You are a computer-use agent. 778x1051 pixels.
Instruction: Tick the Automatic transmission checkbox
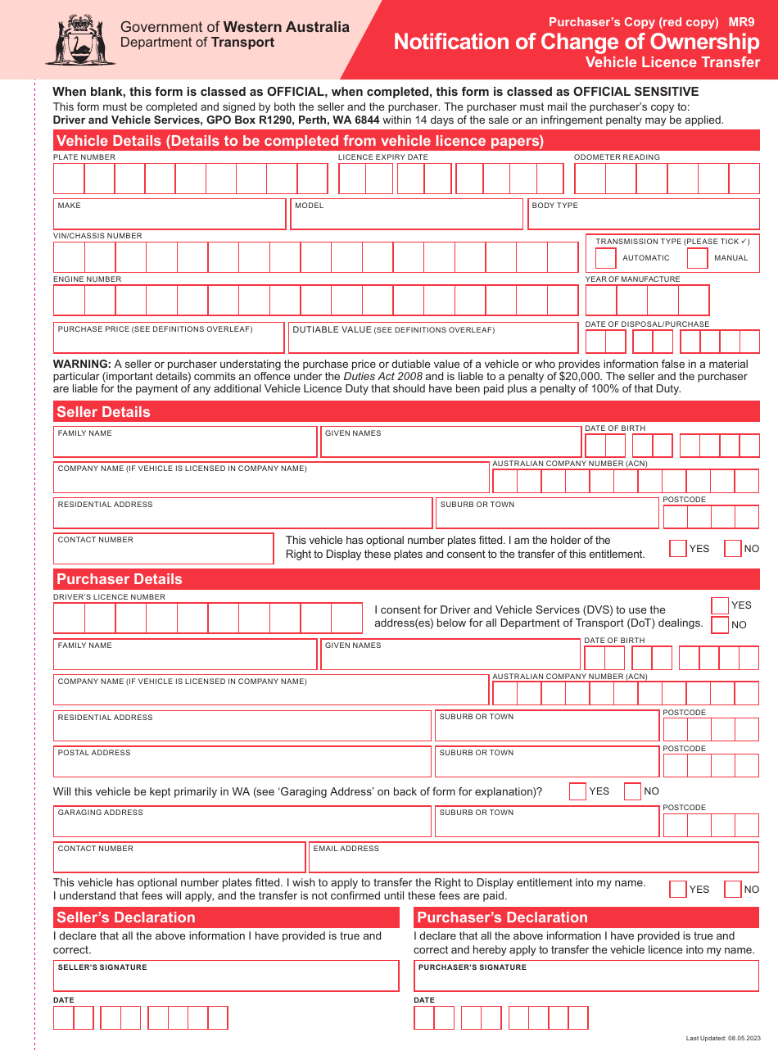coord(605,258)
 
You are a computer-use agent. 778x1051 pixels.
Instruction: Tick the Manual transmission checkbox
coord(697,258)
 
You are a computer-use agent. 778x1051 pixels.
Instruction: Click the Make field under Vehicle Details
coord(170,215)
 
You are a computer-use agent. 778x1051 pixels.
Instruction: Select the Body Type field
coord(643,215)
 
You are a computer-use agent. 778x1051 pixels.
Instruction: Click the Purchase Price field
coord(170,338)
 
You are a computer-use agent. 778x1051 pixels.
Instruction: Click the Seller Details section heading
coord(103,412)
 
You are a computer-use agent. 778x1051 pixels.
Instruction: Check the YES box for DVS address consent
coord(720,605)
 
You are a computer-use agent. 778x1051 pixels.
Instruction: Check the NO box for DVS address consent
coord(720,625)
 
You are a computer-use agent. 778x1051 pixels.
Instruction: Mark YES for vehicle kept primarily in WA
coord(577,791)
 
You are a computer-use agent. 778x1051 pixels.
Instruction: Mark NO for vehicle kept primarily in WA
coord(632,791)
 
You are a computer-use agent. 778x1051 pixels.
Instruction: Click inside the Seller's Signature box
coord(226,976)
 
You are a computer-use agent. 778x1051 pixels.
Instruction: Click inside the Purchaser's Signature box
coord(586,976)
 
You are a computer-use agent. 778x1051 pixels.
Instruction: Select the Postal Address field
coord(242,762)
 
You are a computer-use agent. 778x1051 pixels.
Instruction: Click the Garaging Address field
coord(242,822)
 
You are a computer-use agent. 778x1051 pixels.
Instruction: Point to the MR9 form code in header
coord(742,23)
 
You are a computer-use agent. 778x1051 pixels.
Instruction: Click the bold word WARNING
coord(82,364)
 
